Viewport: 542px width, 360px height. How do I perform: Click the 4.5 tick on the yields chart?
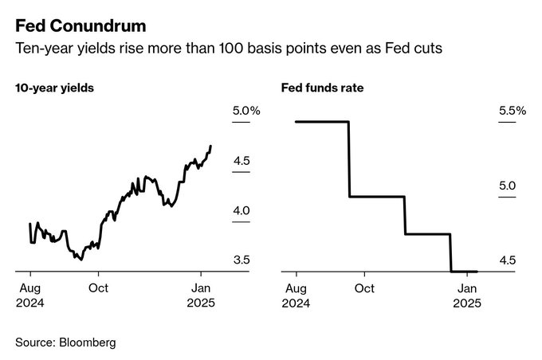coord(242,161)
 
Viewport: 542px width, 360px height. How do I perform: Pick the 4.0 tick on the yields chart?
coord(242,210)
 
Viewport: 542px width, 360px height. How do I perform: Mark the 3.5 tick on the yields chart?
coord(242,260)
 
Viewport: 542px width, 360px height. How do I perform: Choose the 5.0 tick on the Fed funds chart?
coord(507,186)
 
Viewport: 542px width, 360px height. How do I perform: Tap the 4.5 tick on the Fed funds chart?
coord(507,260)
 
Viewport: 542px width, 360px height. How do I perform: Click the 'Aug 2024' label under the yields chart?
coord(31,295)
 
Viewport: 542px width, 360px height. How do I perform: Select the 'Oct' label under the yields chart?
coord(99,288)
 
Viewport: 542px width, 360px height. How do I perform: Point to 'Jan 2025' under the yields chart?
coord(201,295)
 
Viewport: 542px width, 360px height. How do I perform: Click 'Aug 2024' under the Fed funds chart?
coord(296,295)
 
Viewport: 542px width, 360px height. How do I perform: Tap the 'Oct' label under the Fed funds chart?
coord(364,288)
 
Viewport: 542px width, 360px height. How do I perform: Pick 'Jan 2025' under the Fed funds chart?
coord(466,295)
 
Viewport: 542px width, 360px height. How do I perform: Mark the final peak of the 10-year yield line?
coord(210,147)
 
